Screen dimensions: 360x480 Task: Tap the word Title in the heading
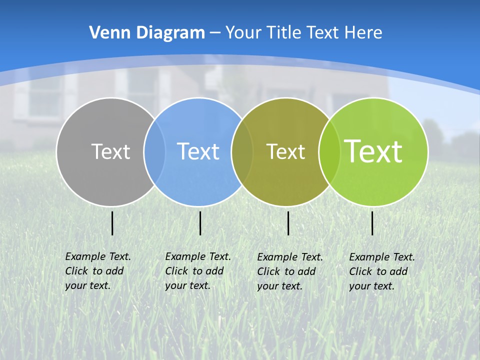pos(283,33)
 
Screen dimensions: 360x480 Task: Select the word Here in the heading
pos(363,33)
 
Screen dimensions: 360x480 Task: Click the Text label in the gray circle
pos(110,151)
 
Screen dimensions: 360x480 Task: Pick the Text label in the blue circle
pos(198,151)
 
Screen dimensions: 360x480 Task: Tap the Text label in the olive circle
pos(285,151)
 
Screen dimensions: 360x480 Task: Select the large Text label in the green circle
pos(373,151)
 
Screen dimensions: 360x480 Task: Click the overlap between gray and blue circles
pos(154,152)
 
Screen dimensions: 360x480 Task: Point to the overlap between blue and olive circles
pos(242,152)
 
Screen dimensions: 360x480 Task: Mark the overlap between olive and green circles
pos(329,152)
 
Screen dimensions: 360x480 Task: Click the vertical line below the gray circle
pos(112,223)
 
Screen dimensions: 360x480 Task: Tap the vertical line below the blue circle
pos(200,223)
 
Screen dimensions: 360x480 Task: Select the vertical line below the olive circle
pos(288,223)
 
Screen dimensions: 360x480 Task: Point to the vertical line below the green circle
pos(372,223)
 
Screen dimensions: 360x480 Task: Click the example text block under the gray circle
pos(98,271)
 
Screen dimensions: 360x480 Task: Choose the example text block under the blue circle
pos(198,271)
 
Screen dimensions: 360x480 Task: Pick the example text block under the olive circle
pos(290,271)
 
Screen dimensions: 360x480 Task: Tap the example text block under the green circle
pos(382,271)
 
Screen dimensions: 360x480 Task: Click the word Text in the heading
pos(324,33)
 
